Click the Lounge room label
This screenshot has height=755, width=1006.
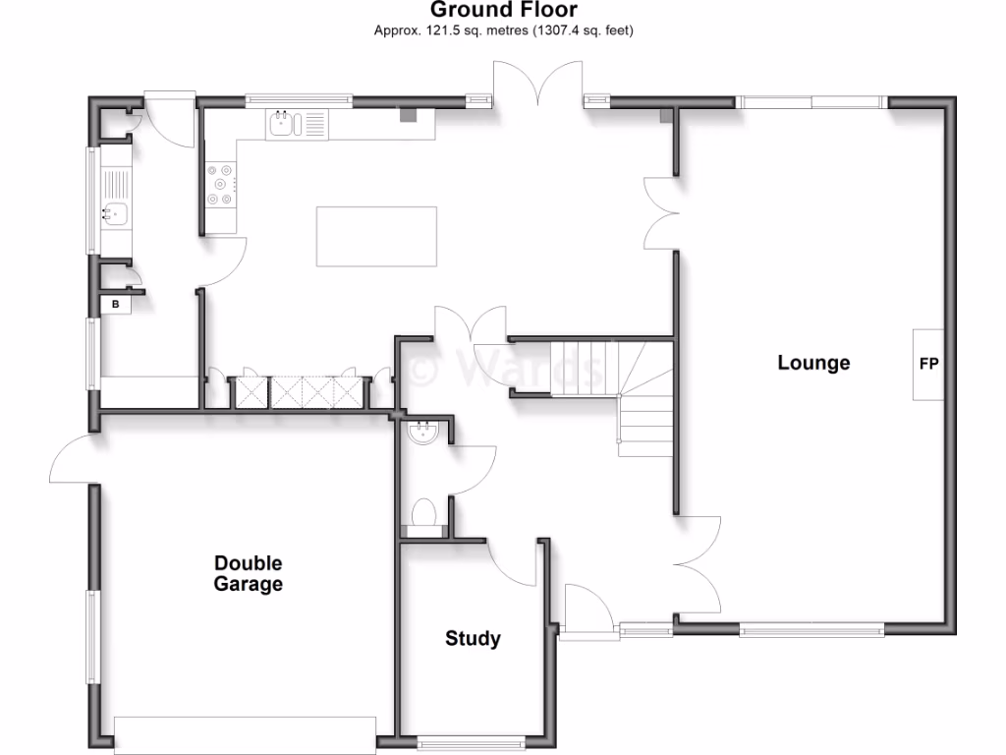point(813,363)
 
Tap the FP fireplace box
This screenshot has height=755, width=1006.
point(928,364)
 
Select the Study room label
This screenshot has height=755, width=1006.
point(473,639)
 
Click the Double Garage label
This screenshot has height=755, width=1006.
point(249,574)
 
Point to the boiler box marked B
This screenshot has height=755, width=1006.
point(116,305)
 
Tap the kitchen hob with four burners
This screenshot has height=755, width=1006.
point(221,184)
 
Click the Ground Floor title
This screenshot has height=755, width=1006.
point(503,11)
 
